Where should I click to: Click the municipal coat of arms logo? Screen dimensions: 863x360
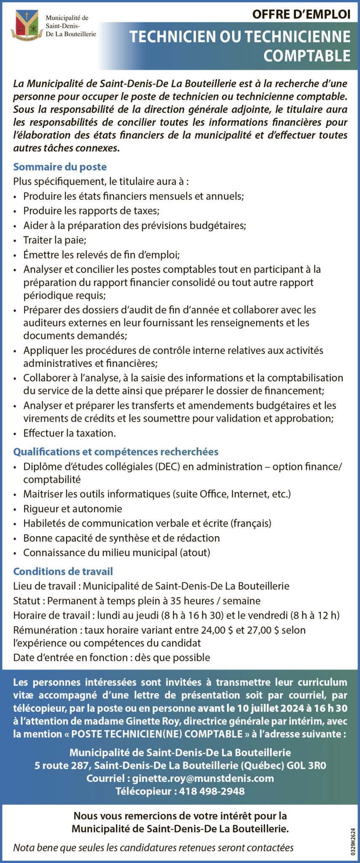(27, 26)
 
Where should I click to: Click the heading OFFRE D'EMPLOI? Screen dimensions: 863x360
(301, 14)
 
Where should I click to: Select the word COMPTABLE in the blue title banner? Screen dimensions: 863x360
(307, 56)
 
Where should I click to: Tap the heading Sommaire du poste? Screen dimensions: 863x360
(60, 167)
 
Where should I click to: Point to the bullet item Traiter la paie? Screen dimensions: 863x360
(55, 240)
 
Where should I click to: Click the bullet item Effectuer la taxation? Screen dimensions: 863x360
(70, 433)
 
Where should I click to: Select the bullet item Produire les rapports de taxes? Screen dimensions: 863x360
(91, 211)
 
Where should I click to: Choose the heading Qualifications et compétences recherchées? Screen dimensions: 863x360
(116, 452)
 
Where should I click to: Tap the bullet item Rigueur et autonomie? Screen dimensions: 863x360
(73, 509)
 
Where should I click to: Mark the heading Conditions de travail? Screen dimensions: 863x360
(63, 571)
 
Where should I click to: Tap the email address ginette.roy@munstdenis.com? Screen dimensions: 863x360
(203, 778)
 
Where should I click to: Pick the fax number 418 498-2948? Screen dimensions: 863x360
(212, 791)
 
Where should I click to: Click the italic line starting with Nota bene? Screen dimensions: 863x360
(153, 847)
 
